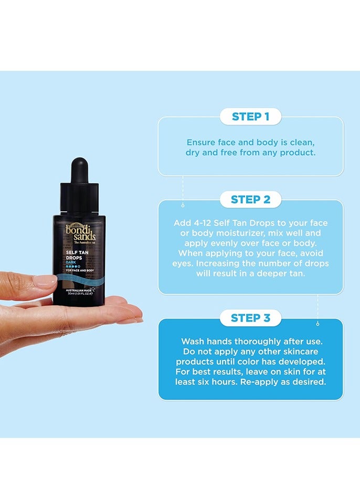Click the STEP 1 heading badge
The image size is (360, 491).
coord(250,116)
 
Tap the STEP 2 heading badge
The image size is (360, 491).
coord(250,199)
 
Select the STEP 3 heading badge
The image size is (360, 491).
coord(250,317)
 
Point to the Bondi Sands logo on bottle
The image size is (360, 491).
coord(79,230)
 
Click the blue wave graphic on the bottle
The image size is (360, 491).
coord(79,278)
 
